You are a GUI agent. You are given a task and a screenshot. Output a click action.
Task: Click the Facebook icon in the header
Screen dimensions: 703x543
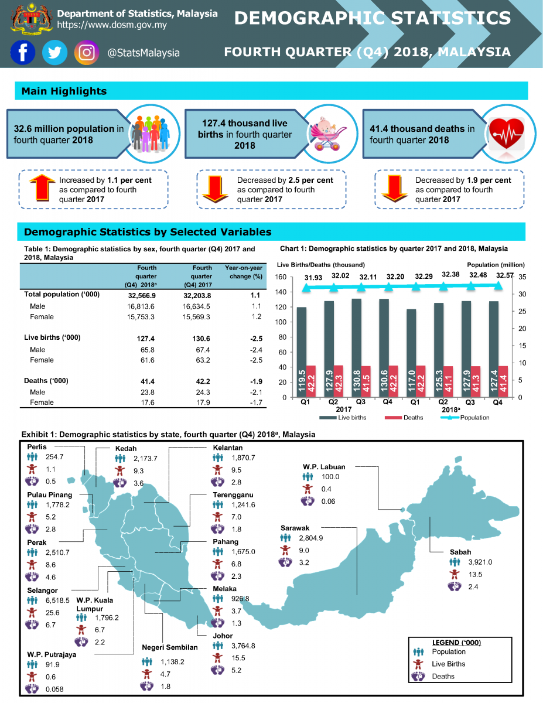(23, 53)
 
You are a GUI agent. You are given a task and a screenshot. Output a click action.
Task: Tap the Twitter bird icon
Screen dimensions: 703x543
(54, 53)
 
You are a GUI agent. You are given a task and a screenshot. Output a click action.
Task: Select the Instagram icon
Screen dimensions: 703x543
(87, 53)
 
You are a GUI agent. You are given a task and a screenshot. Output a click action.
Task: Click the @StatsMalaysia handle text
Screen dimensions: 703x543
(144, 53)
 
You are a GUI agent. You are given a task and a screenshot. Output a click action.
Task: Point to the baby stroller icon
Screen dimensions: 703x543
(328, 132)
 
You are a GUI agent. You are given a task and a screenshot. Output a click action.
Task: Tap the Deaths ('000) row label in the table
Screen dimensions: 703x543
(46, 381)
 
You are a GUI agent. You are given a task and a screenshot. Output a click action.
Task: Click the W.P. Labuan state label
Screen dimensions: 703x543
(324, 467)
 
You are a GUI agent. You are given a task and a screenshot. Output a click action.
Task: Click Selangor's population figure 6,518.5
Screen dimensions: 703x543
(57, 600)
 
